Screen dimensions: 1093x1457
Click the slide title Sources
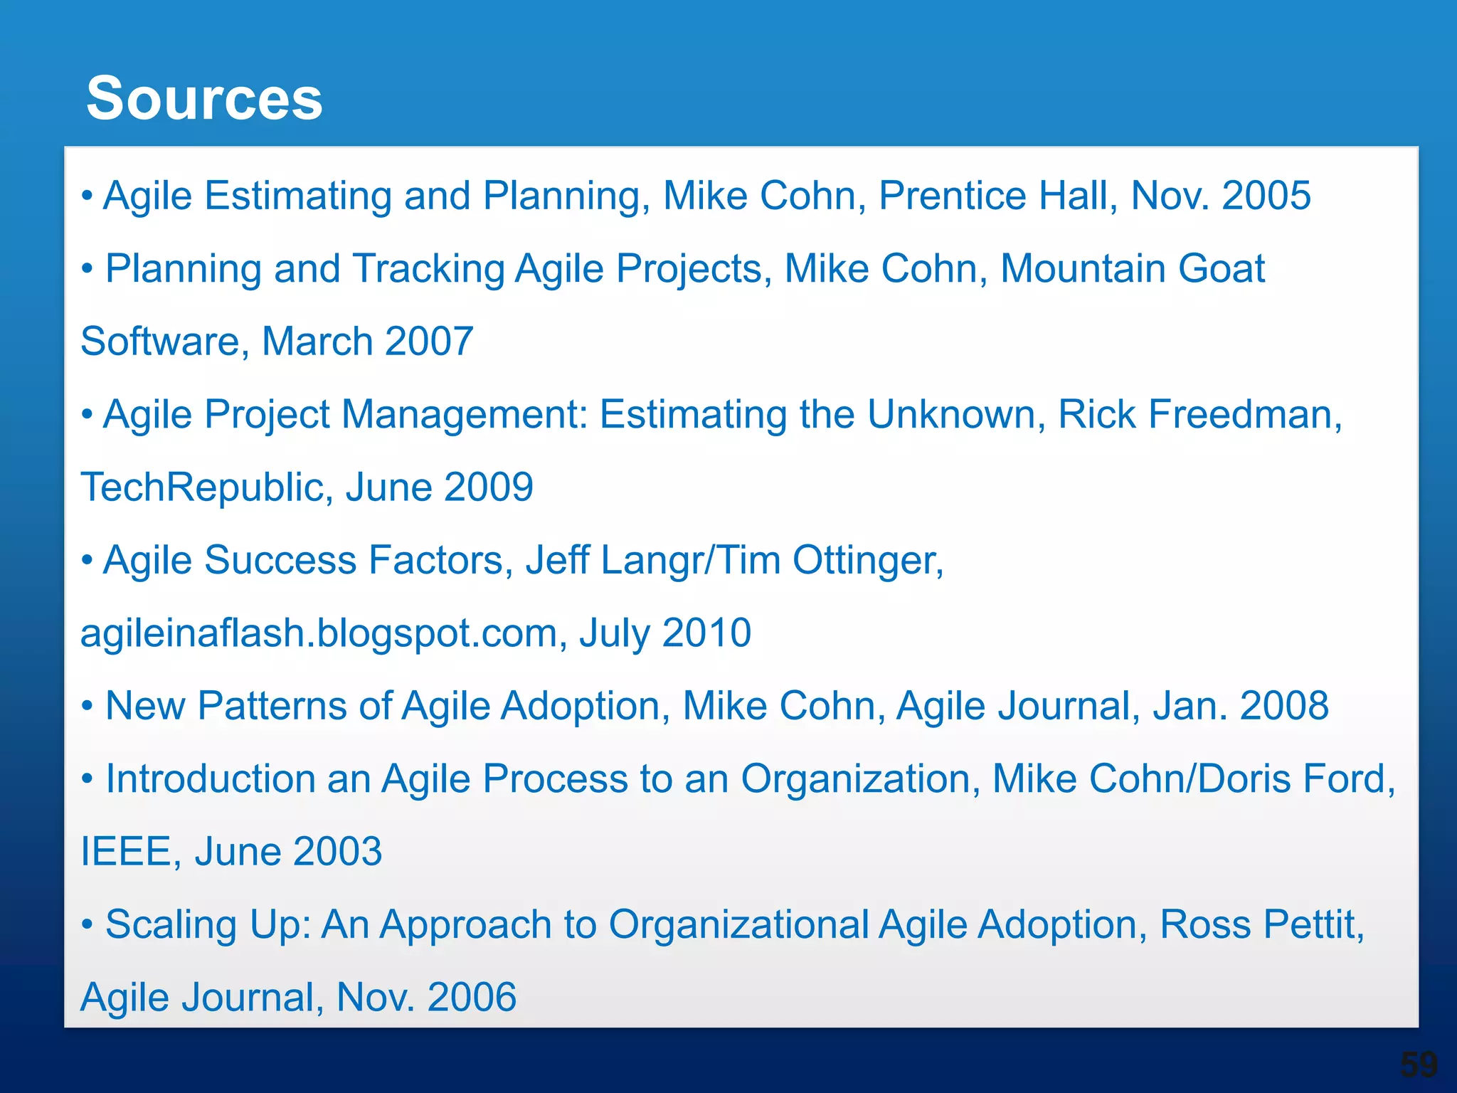coord(204,98)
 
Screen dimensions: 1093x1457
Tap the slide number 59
coord(1419,1065)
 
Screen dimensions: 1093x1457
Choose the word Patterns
coord(295,706)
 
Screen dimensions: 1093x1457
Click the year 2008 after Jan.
coord(1284,706)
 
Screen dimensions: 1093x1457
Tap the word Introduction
coord(210,778)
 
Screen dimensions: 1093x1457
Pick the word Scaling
coord(171,924)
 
